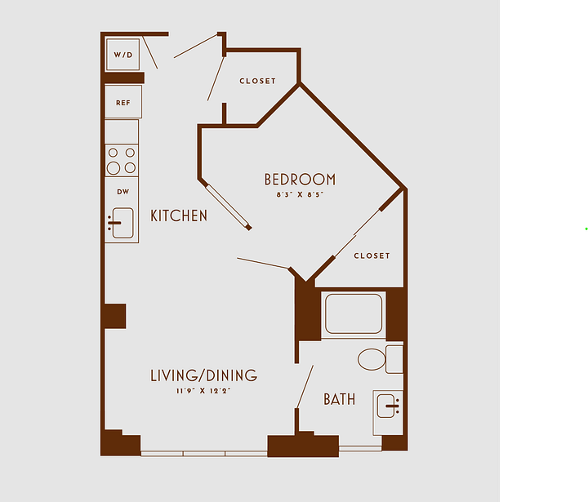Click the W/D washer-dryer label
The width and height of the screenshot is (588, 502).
(123, 55)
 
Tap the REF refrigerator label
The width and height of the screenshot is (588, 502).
(123, 103)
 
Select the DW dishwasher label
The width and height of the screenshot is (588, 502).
(123, 192)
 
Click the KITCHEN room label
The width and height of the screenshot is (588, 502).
(179, 215)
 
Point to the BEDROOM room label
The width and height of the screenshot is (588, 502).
(300, 180)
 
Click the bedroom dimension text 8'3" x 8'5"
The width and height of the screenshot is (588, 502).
(300, 194)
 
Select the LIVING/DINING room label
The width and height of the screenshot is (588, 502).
(203, 375)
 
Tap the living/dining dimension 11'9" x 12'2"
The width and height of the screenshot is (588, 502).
(203, 391)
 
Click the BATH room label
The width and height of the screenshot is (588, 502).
(340, 399)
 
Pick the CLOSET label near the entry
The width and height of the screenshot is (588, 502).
(257, 81)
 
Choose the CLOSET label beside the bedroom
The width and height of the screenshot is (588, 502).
(372, 255)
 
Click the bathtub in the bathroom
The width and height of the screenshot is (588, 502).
(354, 313)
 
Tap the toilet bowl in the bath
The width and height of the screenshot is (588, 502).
(372, 359)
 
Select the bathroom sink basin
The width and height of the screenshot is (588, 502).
(385, 406)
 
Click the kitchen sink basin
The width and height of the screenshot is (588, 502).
(123, 223)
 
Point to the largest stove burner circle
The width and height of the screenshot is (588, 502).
(114, 168)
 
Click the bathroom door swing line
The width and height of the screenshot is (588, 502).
(305, 387)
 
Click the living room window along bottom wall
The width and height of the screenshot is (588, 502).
(204, 454)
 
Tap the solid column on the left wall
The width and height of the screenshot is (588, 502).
(115, 317)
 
